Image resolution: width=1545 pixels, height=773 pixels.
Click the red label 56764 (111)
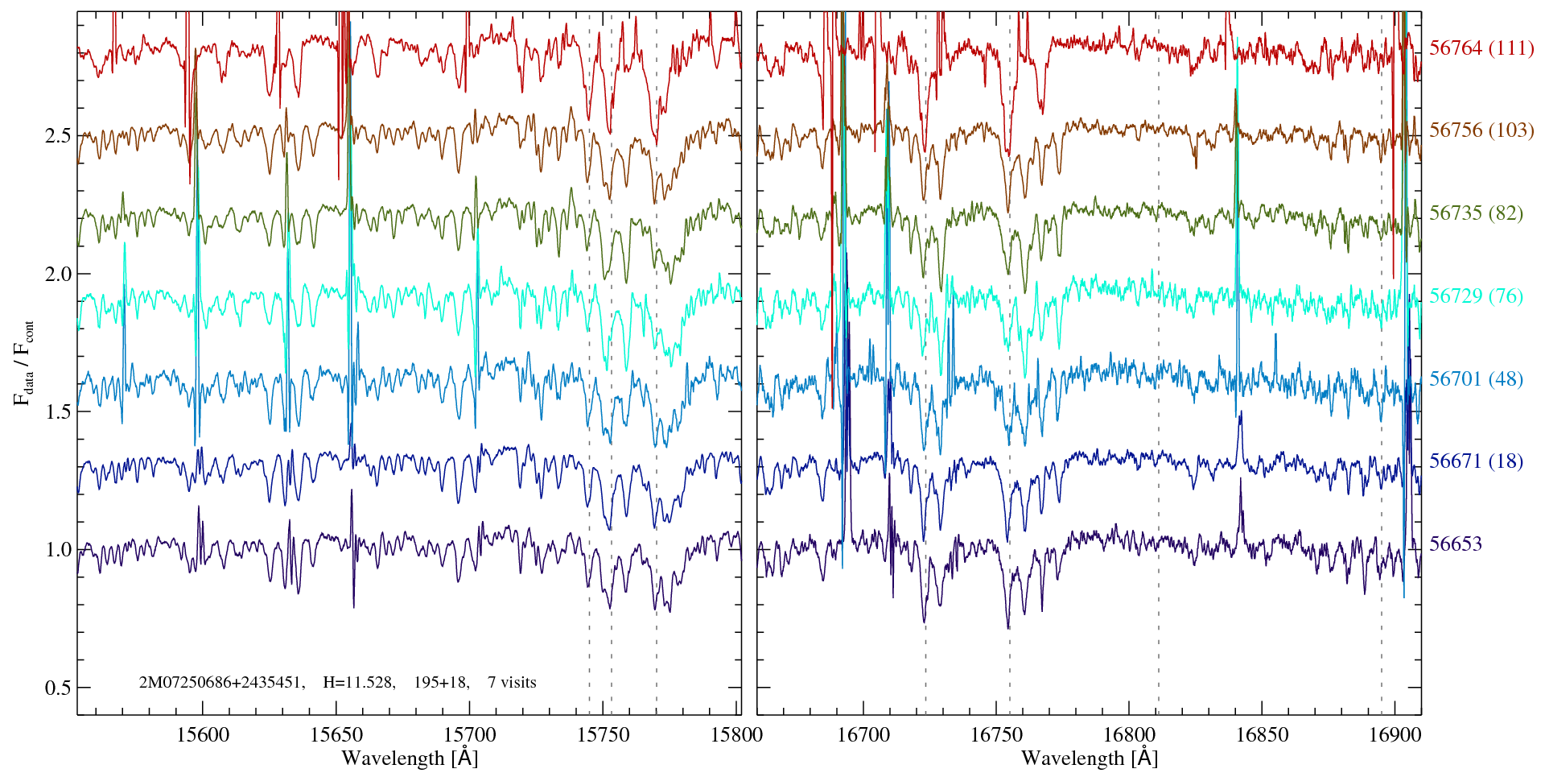coord(1481,48)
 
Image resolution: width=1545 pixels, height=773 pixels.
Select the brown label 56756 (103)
coord(1481,130)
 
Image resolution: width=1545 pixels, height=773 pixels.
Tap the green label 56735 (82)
coord(1476,213)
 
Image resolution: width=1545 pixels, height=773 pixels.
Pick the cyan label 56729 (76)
coord(1476,296)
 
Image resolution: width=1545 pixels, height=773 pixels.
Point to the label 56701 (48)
coord(1476,379)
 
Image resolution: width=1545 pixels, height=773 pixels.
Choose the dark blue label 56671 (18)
coord(1476,461)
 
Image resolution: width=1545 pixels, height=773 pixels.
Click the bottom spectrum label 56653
coord(1455,544)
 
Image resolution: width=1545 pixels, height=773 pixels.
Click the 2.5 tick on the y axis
coord(58,135)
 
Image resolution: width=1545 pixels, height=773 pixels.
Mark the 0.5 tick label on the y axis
coord(58,688)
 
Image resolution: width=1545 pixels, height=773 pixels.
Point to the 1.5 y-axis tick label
coord(58,412)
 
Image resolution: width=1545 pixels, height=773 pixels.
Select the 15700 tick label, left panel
coord(471,735)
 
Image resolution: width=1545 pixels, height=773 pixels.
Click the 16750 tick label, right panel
coord(996,735)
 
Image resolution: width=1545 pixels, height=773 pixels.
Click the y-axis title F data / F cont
coord(24,362)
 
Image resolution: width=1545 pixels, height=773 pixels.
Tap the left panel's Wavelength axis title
coord(410,759)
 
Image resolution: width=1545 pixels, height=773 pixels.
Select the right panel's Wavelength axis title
coord(1090,759)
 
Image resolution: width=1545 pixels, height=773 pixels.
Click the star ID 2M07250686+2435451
coord(221,683)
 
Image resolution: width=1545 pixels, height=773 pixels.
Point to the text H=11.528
coord(358,683)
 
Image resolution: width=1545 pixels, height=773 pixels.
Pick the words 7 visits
coord(512,683)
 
